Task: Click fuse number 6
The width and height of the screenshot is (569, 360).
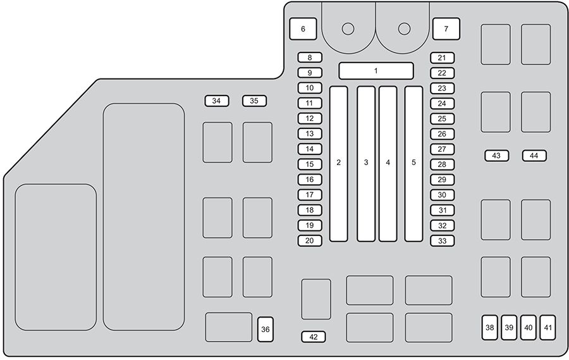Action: click(303, 28)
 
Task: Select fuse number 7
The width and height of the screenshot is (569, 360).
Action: click(446, 28)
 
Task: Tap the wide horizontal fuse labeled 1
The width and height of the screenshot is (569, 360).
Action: click(376, 71)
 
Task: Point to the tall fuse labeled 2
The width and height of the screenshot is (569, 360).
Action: click(339, 164)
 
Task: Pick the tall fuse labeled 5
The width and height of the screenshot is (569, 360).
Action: click(413, 164)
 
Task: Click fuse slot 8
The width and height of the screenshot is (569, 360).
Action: click(310, 58)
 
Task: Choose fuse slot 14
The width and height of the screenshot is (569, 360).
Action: click(310, 149)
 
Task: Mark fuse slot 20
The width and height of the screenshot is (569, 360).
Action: click(310, 240)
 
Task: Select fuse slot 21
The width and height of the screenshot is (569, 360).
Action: click(443, 58)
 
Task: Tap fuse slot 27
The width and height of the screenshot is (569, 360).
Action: click(443, 149)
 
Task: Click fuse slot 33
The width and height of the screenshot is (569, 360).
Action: click(443, 241)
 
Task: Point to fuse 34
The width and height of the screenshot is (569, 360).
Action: click(217, 101)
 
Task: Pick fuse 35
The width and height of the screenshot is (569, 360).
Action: click(254, 101)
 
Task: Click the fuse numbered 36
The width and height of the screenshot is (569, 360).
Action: click(266, 330)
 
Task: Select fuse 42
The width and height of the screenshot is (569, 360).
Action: click(314, 337)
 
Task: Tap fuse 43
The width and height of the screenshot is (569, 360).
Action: click(497, 156)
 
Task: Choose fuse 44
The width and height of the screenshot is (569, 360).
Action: click(534, 156)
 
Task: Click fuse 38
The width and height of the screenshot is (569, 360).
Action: click(490, 328)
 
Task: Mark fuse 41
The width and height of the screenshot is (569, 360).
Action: click(548, 328)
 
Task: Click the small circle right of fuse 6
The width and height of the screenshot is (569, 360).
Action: click(348, 28)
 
